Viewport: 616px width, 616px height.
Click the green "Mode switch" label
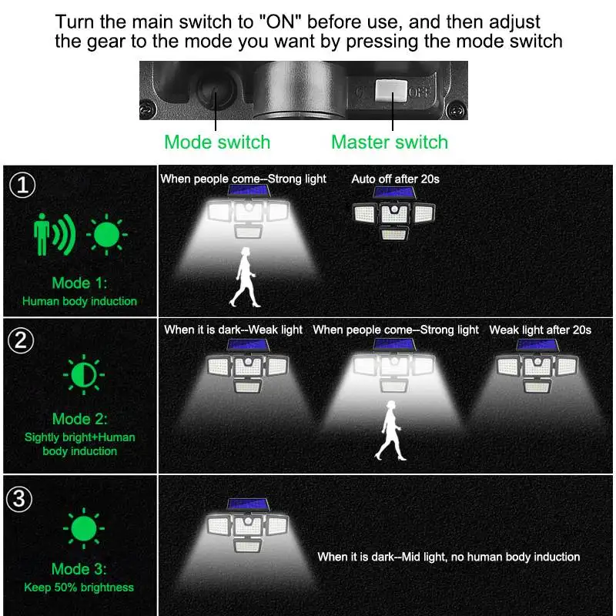pos(217,142)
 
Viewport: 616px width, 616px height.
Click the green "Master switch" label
pos(390,142)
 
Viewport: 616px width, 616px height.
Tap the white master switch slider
pos(391,90)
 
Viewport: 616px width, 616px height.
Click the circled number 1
pos(22,185)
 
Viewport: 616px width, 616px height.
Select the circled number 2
pos(21,340)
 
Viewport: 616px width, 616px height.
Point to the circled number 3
pos(19,499)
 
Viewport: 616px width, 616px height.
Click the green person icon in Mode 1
pos(42,234)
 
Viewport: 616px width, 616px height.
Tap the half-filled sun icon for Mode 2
pos(84,374)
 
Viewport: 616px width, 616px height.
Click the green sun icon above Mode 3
pos(84,528)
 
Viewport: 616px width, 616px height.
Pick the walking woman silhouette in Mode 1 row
pos(245,277)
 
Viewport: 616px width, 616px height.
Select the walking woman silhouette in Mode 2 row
pos(390,430)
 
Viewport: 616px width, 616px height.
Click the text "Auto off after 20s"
pos(395,179)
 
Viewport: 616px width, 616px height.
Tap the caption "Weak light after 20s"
pos(541,330)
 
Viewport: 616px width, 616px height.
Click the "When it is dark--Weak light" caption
pos(233,330)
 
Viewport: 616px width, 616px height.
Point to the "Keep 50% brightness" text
pos(79,588)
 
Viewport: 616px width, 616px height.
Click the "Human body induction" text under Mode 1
pos(80,301)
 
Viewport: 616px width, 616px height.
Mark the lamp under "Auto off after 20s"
pos(394,213)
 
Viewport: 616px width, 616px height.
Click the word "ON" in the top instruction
pos(281,22)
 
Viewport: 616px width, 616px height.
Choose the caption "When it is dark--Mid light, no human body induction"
pos(449,557)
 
